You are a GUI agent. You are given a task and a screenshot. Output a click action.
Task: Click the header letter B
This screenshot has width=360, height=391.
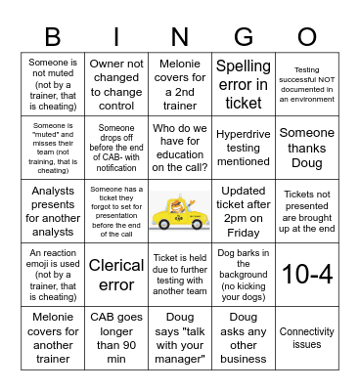[x=54, y=36]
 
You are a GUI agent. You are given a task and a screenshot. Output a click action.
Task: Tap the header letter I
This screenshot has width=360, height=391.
[x=116, y=36]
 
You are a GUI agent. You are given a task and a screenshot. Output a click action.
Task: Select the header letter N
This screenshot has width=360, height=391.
[x=180, y=36]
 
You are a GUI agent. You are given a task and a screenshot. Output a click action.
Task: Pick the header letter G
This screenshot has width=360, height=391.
[x=243, y=36]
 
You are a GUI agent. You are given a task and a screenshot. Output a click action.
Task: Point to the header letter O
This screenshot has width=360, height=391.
[x=306, y=36]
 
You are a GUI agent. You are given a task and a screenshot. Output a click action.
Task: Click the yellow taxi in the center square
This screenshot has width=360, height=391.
[x=180, y=210]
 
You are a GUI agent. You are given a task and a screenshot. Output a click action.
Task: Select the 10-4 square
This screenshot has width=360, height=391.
[x=306, y=275]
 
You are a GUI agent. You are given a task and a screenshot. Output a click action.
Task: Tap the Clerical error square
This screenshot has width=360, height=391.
[x=116, y=275]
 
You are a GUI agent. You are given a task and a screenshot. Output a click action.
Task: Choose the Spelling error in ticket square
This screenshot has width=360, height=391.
[x=243, y=83]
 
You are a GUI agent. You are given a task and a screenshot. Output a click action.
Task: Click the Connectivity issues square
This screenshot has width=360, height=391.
[x=306, y=338]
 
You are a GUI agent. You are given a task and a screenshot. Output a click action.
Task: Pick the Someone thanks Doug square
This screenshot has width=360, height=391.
[x=306, y=147]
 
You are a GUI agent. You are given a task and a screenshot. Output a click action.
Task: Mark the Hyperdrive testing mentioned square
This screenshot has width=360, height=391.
[x=243, y=147]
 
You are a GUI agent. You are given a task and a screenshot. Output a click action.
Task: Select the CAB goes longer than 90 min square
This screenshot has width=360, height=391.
[x=116, y=338]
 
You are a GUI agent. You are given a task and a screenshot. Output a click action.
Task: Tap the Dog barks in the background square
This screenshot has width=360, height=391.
[x=243, y=275]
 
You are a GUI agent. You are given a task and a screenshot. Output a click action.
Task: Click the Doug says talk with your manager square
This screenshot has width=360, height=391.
[x=180, y=338]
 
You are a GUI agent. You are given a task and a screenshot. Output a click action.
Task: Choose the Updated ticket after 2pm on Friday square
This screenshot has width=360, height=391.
[x=243, y=210]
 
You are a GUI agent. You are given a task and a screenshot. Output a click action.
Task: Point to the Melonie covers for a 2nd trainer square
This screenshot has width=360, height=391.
[x=180, y=83]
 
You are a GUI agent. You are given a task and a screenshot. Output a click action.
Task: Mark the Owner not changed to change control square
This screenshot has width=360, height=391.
[x=116, y=83]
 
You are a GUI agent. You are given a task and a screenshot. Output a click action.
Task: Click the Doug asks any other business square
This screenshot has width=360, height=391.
[x=243, y=338]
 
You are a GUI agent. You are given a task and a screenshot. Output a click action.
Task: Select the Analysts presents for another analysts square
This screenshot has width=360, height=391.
[x=54, y=210]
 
